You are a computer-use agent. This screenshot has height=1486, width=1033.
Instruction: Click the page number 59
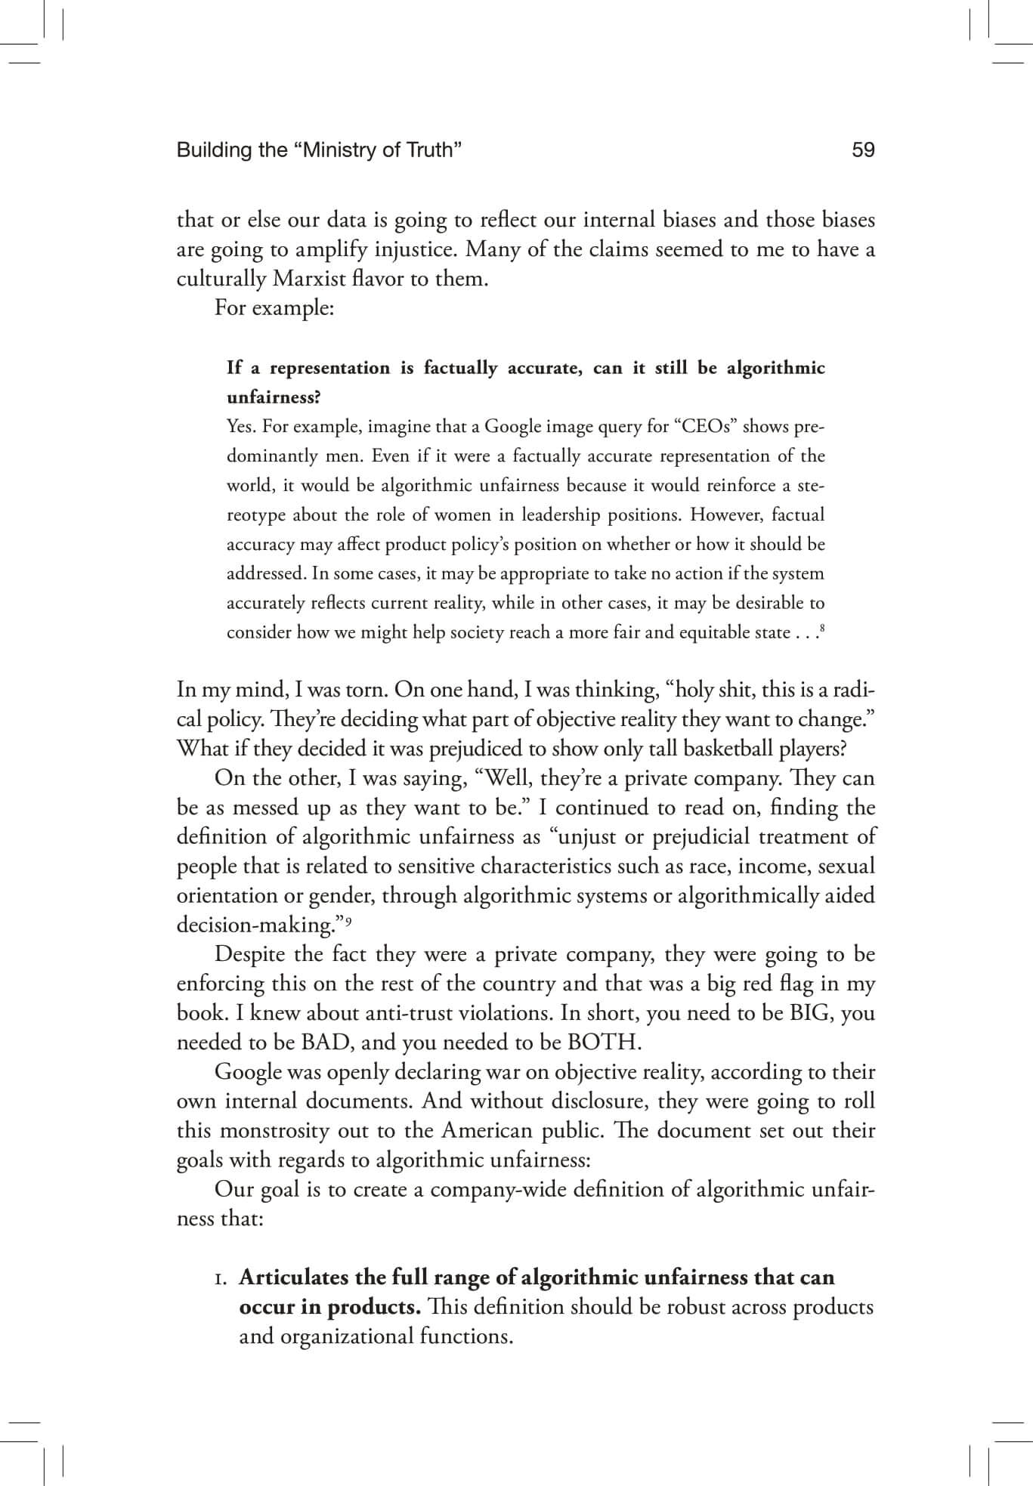[862, 150]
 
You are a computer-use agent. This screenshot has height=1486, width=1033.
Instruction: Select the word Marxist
[310, 279]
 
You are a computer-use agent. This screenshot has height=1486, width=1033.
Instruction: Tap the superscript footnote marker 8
[821, 629]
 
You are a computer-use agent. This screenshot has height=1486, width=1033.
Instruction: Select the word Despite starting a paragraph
[249, 954]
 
